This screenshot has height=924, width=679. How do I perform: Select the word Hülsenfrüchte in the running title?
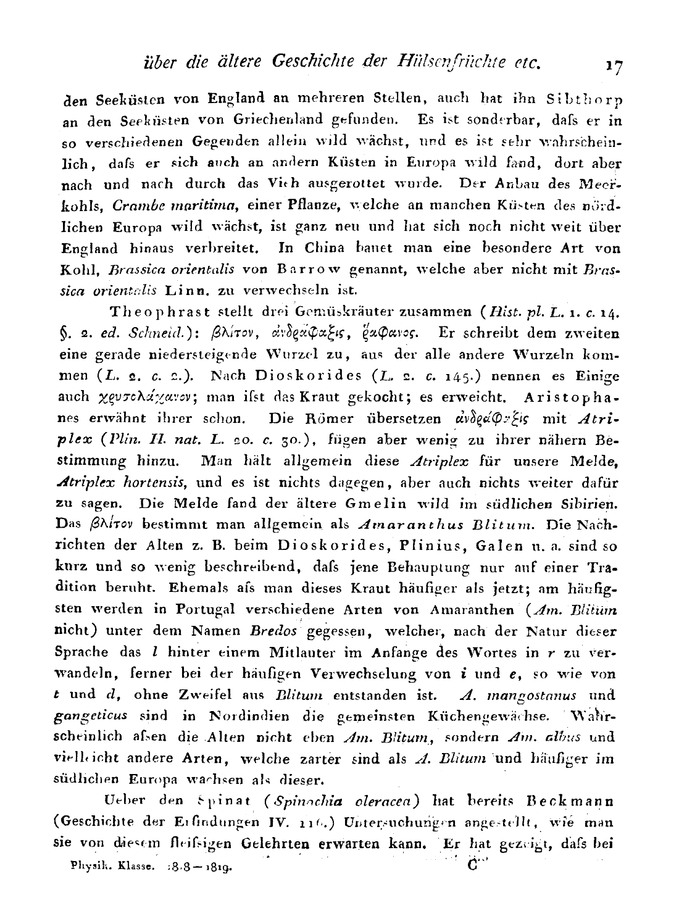click(469, 61)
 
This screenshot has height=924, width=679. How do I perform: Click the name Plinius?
click(435, 546)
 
